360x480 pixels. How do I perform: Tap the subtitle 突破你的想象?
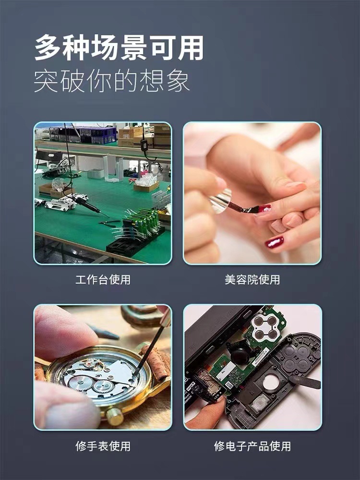pyautogui.click(x=112, y=81)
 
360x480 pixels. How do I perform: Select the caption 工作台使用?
pyautogui.click(x=103, y=279)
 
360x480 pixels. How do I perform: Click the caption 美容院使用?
pyautogui.click(x=252, y=279)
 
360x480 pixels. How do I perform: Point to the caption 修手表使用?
pyautogui.click(x=103, y=446)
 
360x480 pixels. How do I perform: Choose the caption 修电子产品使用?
pyautogui.click(x=252, y=446)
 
